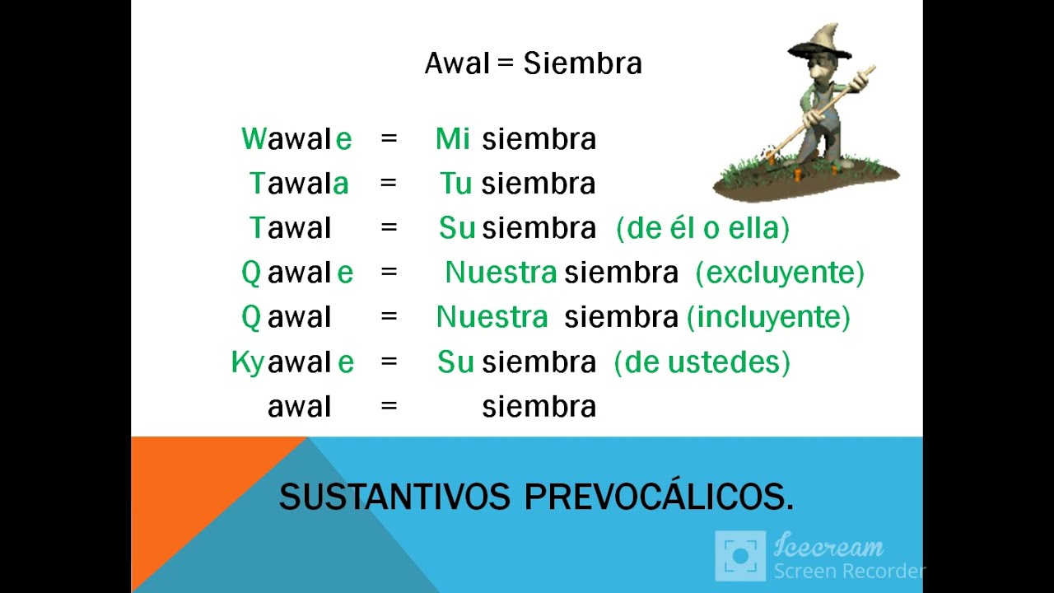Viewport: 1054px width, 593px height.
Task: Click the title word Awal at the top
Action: pos(457,63)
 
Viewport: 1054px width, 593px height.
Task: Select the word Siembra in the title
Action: pos(582,63)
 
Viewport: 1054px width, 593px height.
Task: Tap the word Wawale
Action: pos(296,139)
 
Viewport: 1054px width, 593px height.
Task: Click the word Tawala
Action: pos(299,184)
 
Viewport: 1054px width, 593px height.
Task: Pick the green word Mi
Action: pos(452,139)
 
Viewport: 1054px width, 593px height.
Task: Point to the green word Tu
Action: pos(455,184)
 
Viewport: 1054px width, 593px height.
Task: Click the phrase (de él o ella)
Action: pos(702,228)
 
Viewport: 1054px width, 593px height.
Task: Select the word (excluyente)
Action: pos(780,273)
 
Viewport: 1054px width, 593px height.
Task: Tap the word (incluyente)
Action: pos(768,317)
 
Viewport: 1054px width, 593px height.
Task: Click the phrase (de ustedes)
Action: pos(702,362)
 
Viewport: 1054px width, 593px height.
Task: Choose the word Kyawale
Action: pos(292,362)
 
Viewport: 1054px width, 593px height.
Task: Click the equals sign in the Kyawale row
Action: pos(389,362)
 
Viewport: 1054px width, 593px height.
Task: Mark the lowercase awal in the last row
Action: pos(299,407)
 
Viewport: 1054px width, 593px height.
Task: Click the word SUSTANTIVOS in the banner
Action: pos(394,497)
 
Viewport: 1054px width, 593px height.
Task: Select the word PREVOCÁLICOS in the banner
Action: pos(659,497)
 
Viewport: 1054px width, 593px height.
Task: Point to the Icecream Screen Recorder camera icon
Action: pos(740,556)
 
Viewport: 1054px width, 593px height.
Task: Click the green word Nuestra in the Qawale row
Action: pos(501,273)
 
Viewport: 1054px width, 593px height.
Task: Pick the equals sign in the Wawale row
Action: pos(389,139)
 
